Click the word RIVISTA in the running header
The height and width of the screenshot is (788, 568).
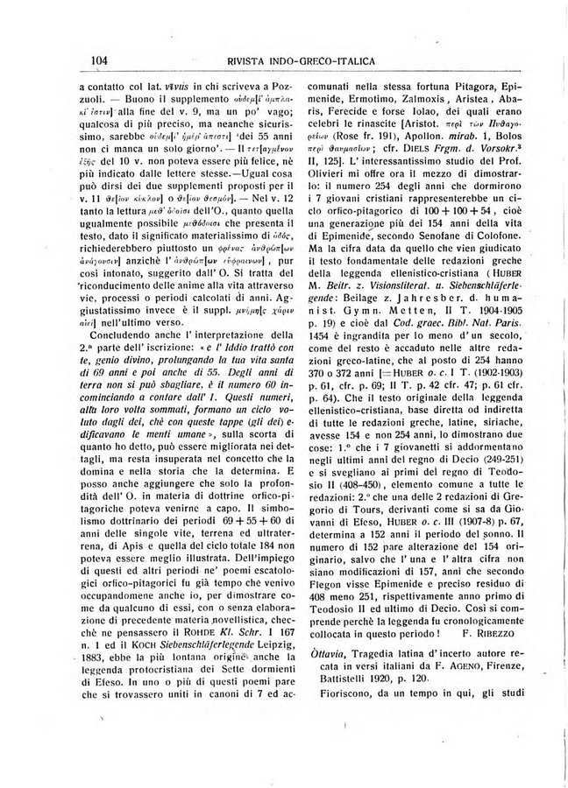pyautogui.click(x=254, y=60)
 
